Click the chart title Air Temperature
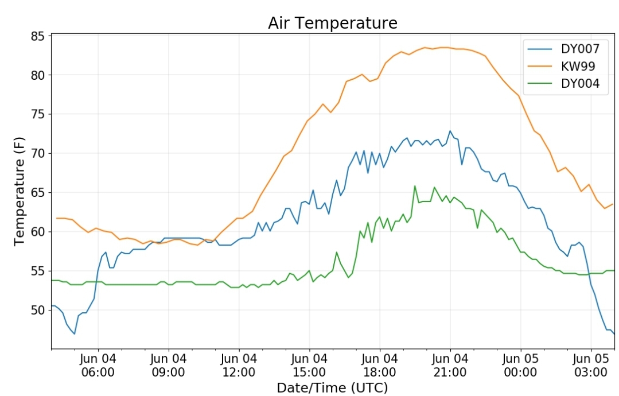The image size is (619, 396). coord(332,23)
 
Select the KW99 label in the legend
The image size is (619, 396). coord(578,67)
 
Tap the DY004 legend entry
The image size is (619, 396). coord(580,84)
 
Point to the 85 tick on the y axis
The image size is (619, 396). coord(38,36)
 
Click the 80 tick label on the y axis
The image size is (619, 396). coord(38,75)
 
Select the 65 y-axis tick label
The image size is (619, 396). coord(38,193)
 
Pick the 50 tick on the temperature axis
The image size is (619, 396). coord(38,310)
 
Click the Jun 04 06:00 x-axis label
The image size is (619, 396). coord(98,365)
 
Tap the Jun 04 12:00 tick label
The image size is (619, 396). coord(239,365)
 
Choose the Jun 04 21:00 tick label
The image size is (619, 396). coord(450,365)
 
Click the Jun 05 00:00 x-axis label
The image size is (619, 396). coord(520,365)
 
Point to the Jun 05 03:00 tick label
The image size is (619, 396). coord(591,365)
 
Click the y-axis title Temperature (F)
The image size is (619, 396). coord(19,192)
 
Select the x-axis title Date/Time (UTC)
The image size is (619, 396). coord(332,388)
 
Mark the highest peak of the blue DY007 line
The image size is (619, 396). coord(450,131)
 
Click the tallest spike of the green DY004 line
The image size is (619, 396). coord(415,186)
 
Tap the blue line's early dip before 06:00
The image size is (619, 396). coord(74,333)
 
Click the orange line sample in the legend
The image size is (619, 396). coord(540,67)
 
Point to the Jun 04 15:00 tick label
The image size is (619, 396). coord(309,365)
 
